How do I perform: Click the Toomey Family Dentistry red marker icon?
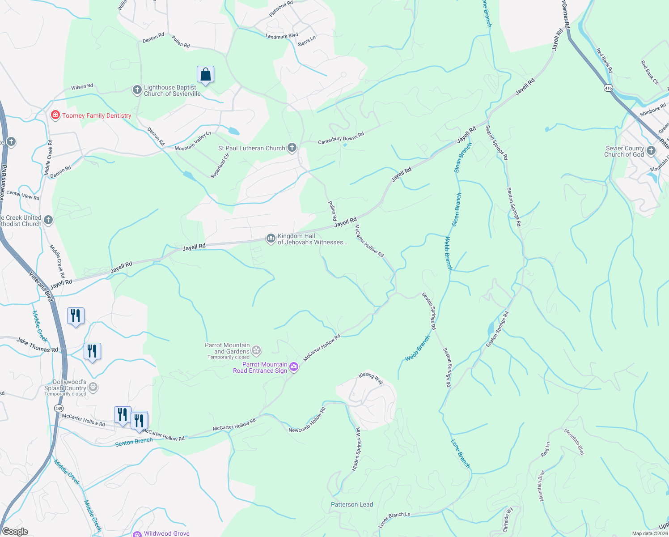[x=55, y=115]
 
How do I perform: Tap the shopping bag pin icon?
[x=205, y=75]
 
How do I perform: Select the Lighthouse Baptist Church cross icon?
[x=137, y=90]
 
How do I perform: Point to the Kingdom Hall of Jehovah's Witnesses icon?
[x=271, y=239]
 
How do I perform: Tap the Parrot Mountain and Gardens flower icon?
[x=256, y=350]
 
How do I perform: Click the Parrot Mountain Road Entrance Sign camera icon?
[x=294, y=367]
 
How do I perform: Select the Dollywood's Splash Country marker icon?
[x=93, y=387]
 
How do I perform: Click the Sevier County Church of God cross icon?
[x=651, y=151]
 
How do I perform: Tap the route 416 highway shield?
[x=608, y=88]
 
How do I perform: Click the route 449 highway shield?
[x=59, y=408]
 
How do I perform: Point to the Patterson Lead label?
[x=352, y=504]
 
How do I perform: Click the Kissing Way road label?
[x=371, y=378]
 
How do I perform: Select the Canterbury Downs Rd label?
[x=341, y=138]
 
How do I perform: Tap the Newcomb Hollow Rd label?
[x=307, y=420]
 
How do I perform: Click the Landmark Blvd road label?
[x=281, y=36]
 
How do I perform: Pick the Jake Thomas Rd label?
[x=38, y=345]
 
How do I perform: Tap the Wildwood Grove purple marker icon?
[x=138, y=533]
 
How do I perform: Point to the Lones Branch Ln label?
[x=394, y=520]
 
